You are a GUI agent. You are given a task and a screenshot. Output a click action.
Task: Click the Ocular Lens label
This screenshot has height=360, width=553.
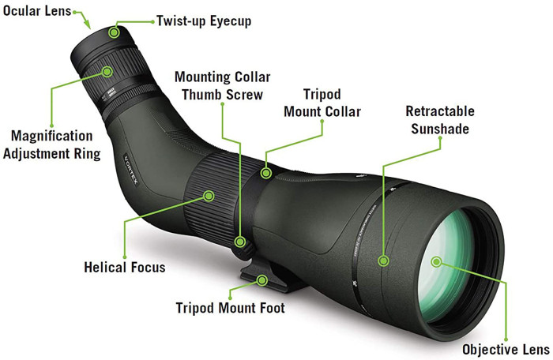pos(35,12)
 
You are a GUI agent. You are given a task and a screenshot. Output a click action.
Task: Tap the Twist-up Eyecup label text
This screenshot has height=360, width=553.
pos(203,21)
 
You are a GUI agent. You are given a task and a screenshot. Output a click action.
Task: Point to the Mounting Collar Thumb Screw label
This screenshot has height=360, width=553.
pos(223,85)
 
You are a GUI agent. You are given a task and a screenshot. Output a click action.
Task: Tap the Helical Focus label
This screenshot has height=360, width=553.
pos(125,267)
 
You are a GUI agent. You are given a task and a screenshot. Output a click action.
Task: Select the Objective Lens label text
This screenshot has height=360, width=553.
pos(505,348)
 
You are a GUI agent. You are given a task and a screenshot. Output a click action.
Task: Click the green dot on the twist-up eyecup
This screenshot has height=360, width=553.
pos(115,32)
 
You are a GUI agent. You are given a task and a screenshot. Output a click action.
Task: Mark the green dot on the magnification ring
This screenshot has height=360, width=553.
pos(106,71)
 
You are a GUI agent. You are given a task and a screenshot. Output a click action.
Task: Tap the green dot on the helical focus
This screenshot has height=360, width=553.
pos(209,193)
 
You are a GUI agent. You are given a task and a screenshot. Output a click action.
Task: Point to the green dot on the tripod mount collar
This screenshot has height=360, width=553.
pos(267,172)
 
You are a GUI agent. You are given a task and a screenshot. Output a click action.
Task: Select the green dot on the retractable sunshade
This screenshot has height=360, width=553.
pos(383,260)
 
